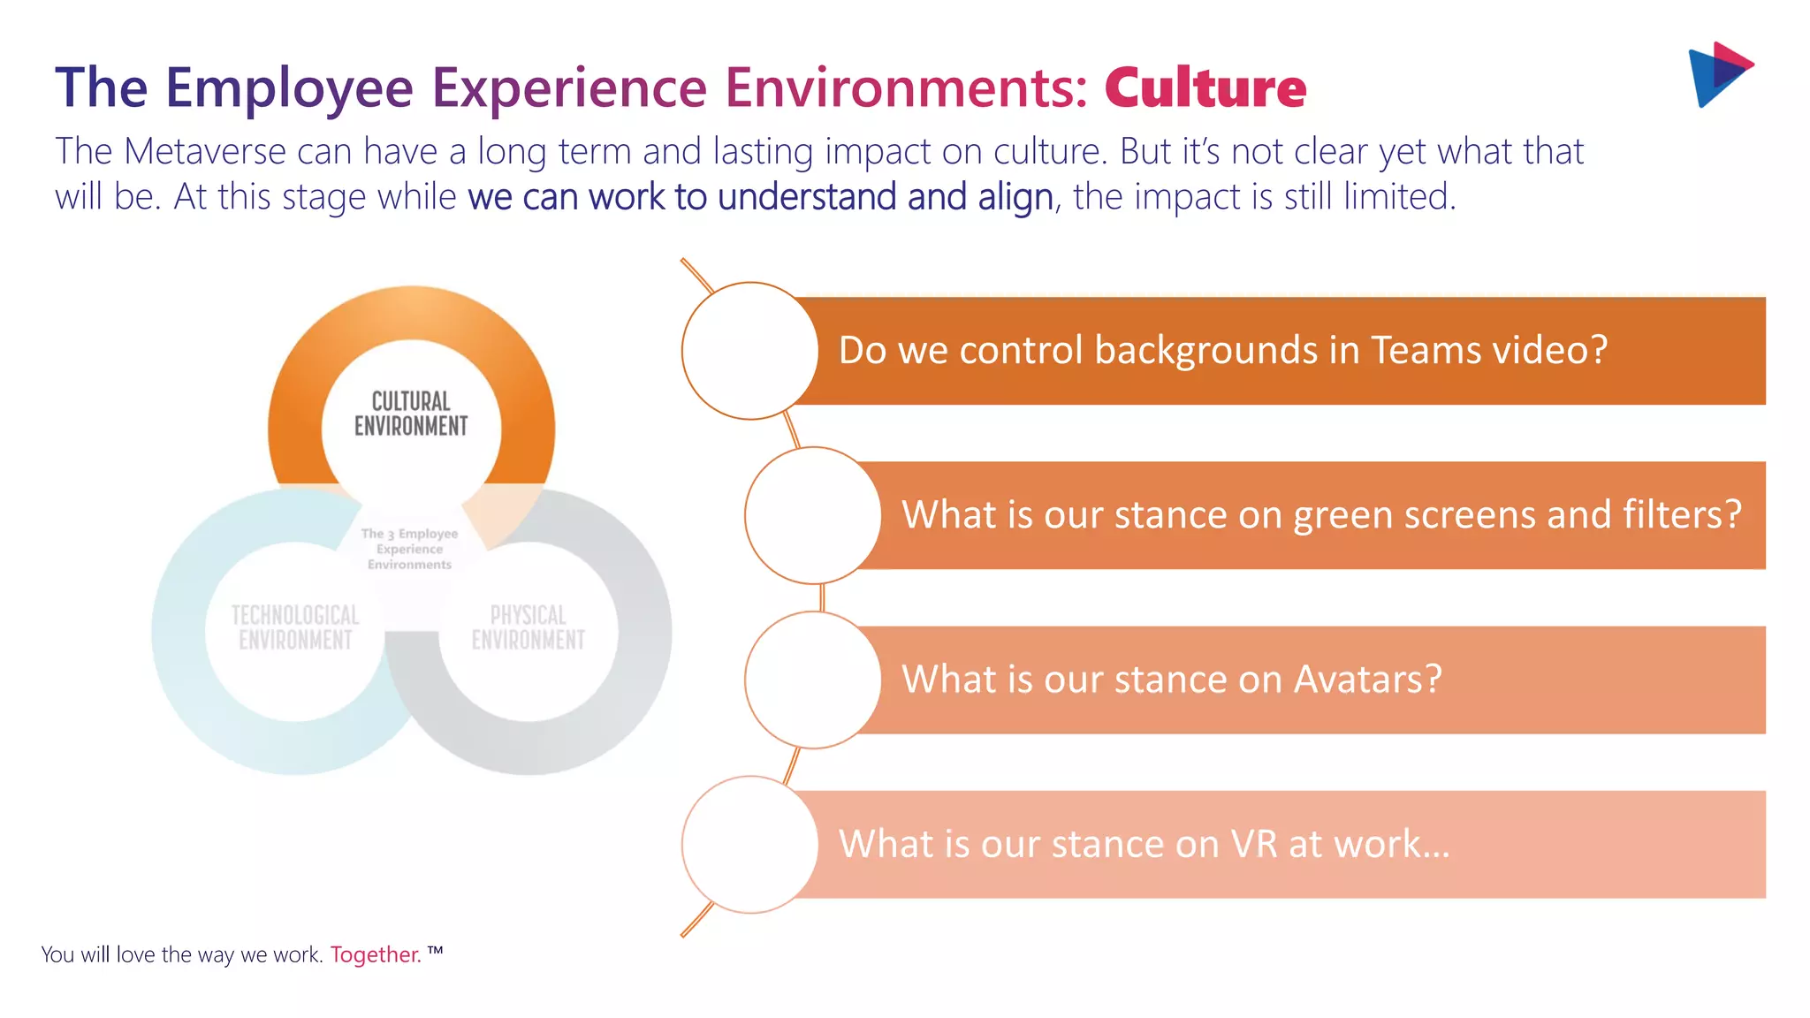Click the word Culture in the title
pos(1205,87)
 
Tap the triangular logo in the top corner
pos(1718,74)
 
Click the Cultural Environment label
pos(411,414)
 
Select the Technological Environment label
pos(295,627)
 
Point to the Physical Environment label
pos(528,627)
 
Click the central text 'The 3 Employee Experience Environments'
pos(409,549)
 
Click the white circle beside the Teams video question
pos(749,351)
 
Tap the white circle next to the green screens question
pos(812,515)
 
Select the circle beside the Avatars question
pos(812,680)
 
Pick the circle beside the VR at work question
pos(749,844)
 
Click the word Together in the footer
pos(376,955)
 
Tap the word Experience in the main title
pos(568,87)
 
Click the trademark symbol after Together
pos(435,951)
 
